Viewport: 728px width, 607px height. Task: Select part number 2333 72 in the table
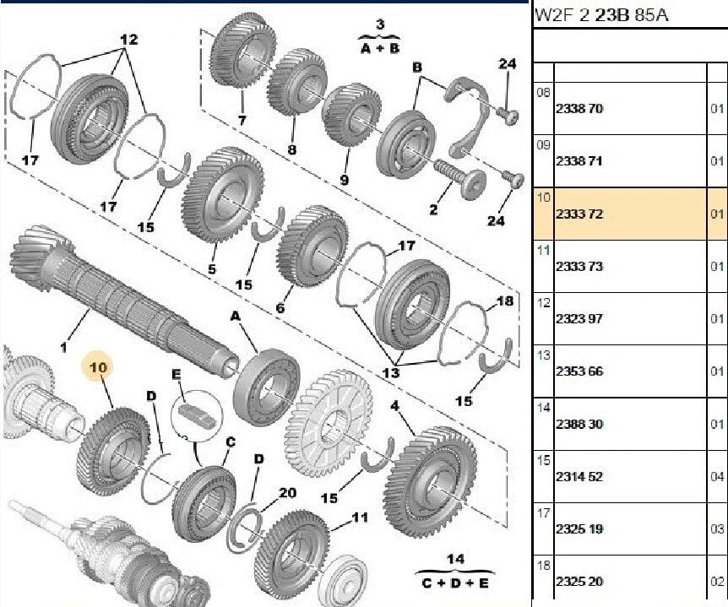pos(579,214)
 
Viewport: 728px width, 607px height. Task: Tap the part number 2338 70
pos(579,109)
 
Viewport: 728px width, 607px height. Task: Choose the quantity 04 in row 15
pos(717,477)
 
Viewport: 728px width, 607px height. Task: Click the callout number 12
pos(128,40)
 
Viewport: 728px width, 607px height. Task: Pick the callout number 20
pos(288,493)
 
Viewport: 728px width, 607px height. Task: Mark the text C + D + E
pos(456,583)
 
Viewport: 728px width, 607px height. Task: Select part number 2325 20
pos(579,582)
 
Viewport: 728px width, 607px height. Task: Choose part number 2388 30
pos(579,424)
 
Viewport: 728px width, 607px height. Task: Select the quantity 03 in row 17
pos(717,529)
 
